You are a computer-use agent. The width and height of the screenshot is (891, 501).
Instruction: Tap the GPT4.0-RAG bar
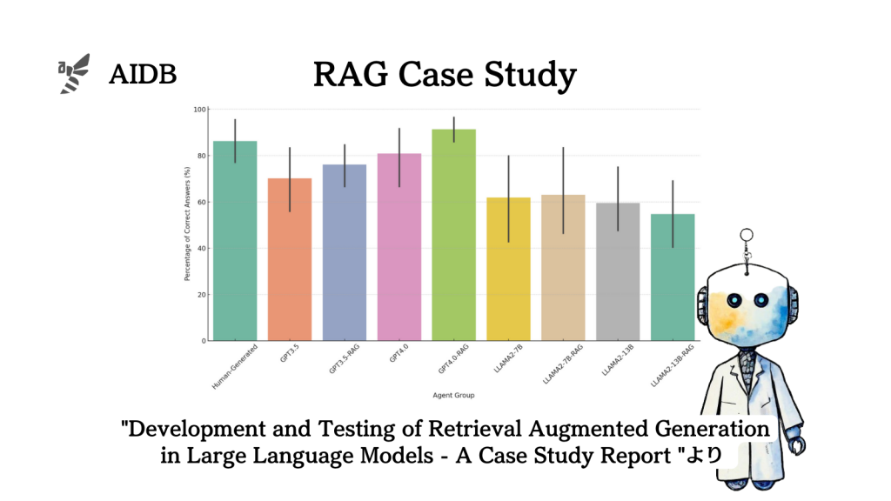tap(453, 235)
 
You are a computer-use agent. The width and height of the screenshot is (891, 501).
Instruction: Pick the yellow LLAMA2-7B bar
tap(508, 269)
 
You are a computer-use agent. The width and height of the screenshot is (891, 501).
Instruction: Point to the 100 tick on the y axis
tap(200, 110)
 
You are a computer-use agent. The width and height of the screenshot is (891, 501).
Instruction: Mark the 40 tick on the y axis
tap(202, 248)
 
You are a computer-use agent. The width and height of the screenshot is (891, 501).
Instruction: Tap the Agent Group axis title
tap(453, 396)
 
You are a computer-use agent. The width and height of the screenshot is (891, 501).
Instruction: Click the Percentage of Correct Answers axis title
tap(187, 224)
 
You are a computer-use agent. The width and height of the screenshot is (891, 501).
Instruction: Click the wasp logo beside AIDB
tap(74, 73)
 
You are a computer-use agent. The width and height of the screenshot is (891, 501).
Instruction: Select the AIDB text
tap(143, 75)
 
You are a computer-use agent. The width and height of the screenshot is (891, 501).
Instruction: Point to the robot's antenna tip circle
tap(746, 234)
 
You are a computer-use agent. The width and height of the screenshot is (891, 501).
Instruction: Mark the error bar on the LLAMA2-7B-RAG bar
tap(563, 190)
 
